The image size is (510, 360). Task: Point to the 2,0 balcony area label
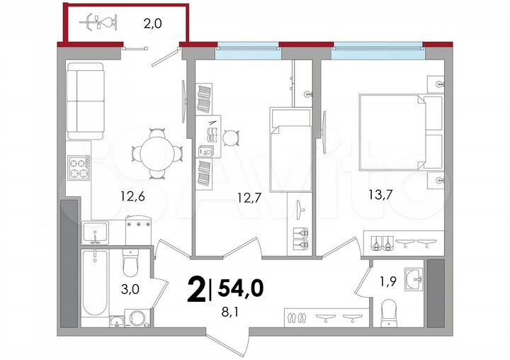(x=153, y=23)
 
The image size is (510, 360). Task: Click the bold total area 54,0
(x=240, y=288)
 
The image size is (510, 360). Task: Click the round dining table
(x=150, y=153)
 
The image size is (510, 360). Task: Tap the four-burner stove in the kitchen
(x=78, y=168)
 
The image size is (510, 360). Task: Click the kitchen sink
(x=95, y=231)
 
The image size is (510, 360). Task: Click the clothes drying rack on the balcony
(x=96, y=23)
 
